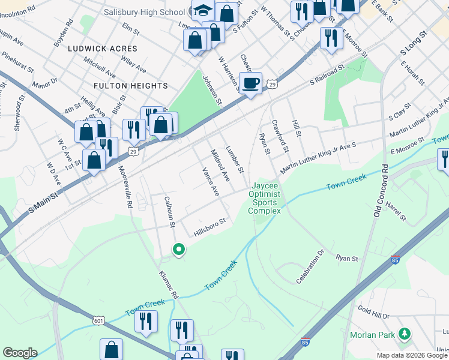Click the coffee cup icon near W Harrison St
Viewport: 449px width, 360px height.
click(250, 83)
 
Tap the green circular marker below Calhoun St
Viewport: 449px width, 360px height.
click(178, 249)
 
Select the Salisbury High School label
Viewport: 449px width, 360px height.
click(143, 12)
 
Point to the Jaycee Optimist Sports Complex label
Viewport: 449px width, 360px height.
click(264, 198)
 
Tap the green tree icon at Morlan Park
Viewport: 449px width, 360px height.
click(405, 333)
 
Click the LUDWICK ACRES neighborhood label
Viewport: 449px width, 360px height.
click(103, 48)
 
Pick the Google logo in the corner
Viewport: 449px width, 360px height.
click(19, 353)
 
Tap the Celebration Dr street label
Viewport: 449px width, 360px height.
click(310, 267)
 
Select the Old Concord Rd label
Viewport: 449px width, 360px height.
click(378, 188)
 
